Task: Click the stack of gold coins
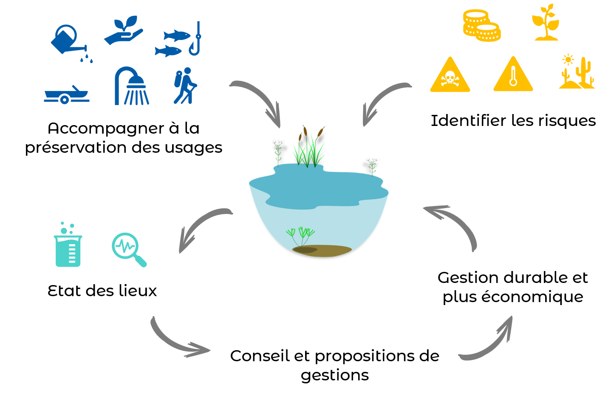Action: click(x=481, y=26)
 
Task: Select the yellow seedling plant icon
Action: click(x=546, y=23)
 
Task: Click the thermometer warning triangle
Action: click(x=513, y=76)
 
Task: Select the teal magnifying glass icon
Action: click(x=128, y=248)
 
